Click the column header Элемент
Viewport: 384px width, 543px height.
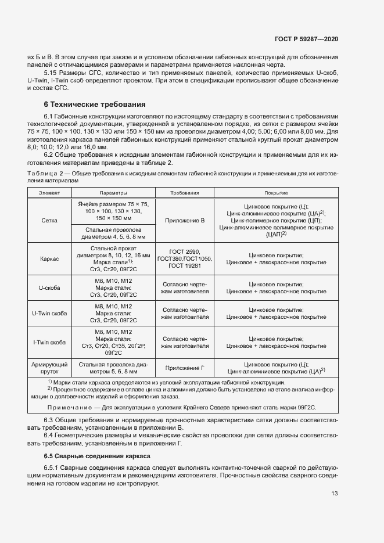[x=49, y=192]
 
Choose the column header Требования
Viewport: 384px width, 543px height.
[x=185, y=192]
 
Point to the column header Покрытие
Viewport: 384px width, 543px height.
[x=276, y=192]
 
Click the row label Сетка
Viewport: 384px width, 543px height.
[x=49, y=221]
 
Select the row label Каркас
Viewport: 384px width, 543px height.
[x=49, y=258]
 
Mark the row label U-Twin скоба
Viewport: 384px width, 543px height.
[x=49, y=314]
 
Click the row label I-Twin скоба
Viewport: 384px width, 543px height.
[x=49, y=343]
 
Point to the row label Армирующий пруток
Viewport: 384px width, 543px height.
[x=49, y=367]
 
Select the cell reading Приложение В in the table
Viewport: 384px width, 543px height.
[x=185, y=221]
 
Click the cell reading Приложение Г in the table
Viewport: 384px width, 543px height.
[x=185, y=367]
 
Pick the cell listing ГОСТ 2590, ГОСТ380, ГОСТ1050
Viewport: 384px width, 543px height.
[x=185, y=258]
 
